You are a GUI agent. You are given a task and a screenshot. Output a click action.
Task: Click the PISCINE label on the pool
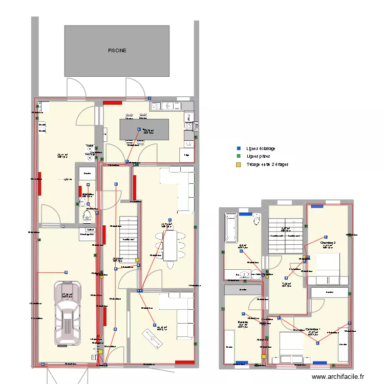117,51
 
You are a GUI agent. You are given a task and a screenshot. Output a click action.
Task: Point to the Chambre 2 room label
328,243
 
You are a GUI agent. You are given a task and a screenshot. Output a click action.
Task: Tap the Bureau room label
242,323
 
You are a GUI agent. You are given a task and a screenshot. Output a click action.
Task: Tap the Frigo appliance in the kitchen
186,155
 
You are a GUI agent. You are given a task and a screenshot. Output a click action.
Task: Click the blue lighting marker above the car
66,272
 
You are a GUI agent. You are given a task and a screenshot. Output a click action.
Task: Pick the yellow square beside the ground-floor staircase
137,261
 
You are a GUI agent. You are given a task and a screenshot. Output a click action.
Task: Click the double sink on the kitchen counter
162,106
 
